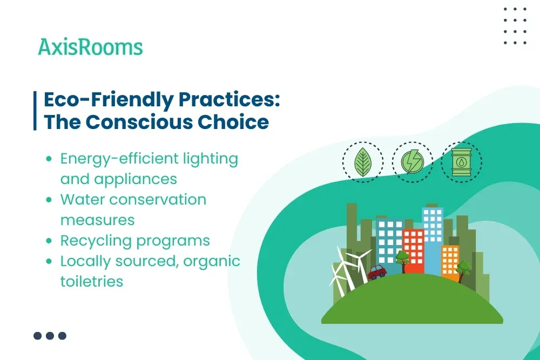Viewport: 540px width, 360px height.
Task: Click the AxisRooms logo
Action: pos(90,47)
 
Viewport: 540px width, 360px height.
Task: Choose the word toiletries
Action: pos(92,281)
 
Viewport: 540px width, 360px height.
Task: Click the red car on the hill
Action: pos(377,271)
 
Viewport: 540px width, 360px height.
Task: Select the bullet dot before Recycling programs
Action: pos(49,241)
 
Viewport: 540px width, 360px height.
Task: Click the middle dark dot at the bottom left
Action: pos(50,336)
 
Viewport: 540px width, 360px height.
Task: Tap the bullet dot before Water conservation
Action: pos(49,200)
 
